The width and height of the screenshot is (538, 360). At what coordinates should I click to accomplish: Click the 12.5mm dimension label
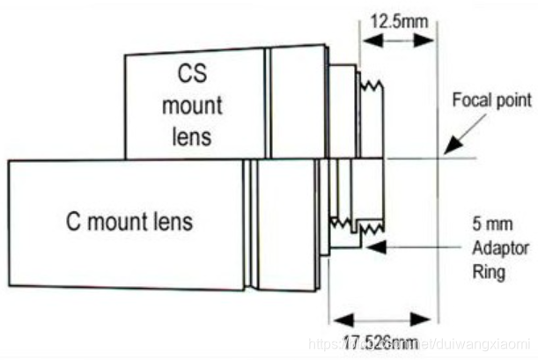coord(396,18)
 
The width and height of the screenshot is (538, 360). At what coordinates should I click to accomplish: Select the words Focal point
coord(491,99)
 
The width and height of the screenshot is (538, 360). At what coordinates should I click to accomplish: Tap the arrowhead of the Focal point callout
coord(446,151)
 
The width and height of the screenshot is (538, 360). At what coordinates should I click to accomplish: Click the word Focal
coord(469,99)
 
